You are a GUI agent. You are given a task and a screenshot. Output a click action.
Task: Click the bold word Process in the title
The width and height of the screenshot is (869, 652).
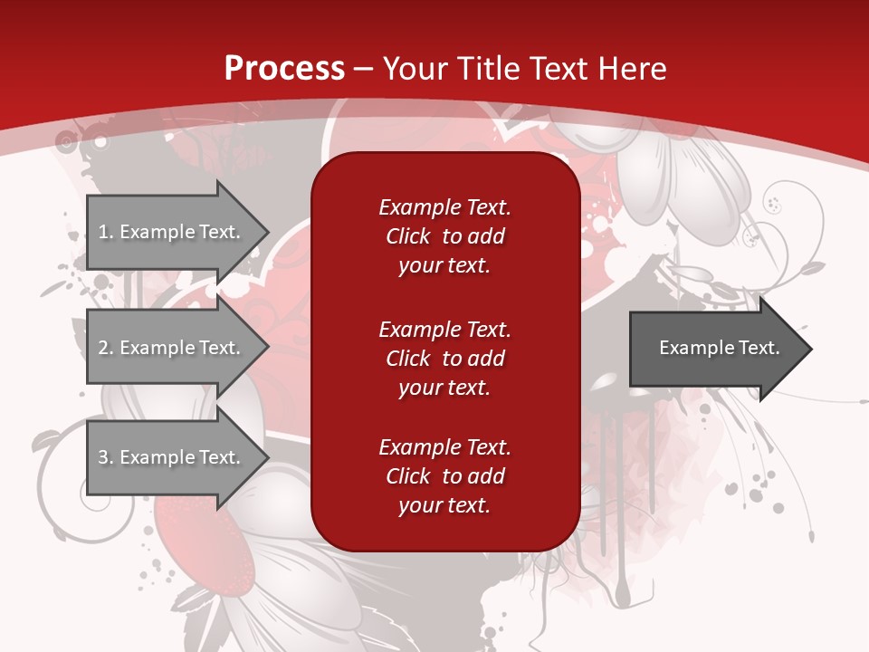pos(284,68)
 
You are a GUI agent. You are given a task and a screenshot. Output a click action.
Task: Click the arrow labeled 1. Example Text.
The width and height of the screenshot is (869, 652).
pos(172,232)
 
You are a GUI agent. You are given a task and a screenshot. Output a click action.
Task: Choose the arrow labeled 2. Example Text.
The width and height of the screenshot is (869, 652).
pos(172,348)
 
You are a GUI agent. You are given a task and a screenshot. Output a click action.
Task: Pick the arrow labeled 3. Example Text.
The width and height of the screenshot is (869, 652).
pos(172,457)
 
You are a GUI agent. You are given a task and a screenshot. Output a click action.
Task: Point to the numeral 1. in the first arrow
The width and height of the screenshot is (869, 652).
pos(106,232)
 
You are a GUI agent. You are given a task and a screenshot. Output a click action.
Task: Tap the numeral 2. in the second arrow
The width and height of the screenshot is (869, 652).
pos(106,348)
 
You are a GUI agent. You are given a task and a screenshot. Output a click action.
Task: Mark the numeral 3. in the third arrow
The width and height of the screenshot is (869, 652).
pos(106,457)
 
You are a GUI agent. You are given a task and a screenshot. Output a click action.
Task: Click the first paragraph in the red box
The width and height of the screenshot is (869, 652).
pos(444,236)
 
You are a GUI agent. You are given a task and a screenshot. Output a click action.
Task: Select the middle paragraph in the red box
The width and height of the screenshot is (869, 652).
pos(444,359)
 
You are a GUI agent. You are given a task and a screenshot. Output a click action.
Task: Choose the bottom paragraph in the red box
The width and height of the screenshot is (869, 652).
pos(444,476)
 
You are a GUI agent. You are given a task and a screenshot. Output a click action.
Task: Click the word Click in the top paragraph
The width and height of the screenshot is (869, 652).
pos(408,236)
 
